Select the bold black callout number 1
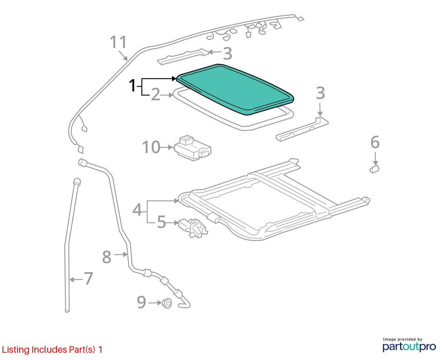click(x=132, y=86)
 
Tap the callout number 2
click(x=156, y=95)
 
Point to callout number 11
click(x=118, y=42)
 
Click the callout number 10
click(x=151, y=147)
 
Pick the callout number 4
click(x=137, y=210)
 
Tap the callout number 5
click(x=161, y=222)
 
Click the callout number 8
click(x=107, y=257)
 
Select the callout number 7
click(x=88, y=278)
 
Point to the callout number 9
click(x=141, y=302)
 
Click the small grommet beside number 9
click(x=167, y=303)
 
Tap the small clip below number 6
click(x=374, y=169)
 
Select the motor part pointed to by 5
click(x=193, y=228)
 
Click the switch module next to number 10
click(x=193, y=148)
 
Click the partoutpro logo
click(x=409, y=347)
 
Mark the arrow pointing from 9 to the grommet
click(x=155, y=303)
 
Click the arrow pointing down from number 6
click(x=375, y=159)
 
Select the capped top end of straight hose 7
click(x=77, y=181)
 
